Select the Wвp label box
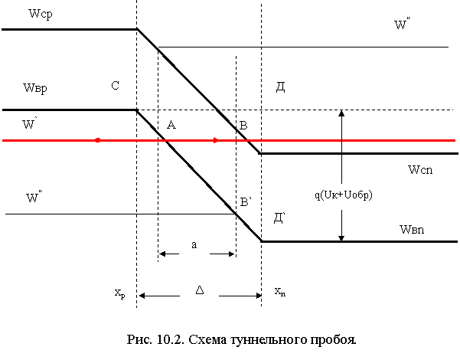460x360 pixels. tap(44, 90)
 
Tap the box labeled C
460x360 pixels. tap(117, 90)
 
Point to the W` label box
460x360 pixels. tap(44, 126)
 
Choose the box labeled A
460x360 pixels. tap(172, 128)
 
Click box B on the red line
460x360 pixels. tap(245, 129)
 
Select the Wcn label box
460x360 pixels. tap(423, 172)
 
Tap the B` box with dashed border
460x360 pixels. tap(247, 206)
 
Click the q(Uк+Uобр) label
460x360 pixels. tap(347, 197)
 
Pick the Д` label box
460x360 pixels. tap(281, 221)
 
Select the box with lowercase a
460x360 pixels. tap(194, 247)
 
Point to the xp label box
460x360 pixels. tap(113, 293)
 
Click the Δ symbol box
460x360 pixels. tap(199, 294)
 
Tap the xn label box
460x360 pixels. tap(286, 293)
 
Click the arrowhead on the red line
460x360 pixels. tap(217, 141)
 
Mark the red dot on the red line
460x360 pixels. tap(97, 141)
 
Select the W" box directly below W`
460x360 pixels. tap(47, 200)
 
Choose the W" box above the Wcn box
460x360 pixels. tap(415, 28)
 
